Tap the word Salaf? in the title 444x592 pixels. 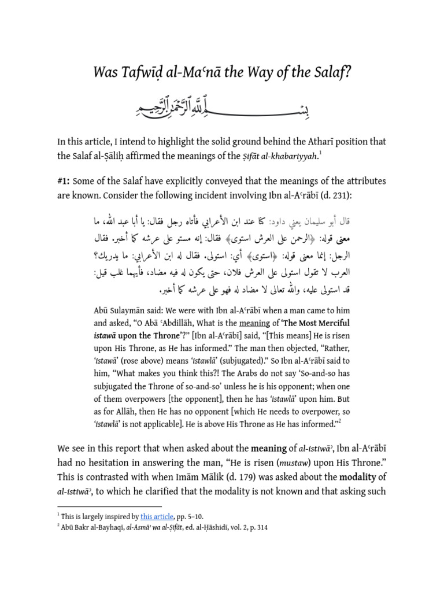click(x=330, y=73)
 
